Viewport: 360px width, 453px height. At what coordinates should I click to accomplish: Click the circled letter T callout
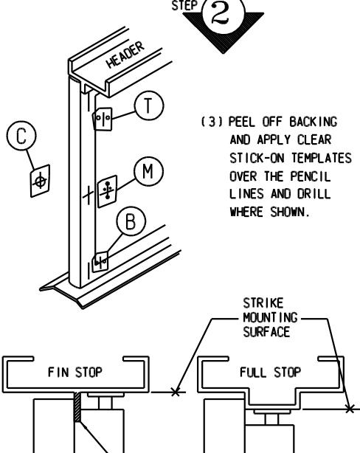click(149, 106)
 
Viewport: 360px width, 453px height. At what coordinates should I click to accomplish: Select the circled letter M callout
click(148, 171)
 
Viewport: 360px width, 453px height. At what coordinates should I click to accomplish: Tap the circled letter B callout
click(131, 221)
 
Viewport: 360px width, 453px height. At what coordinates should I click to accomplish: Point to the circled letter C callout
click(21, 136)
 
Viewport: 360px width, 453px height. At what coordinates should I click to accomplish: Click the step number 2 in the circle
click(222, 13)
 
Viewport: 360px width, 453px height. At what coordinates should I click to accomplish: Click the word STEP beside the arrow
click(185, 5)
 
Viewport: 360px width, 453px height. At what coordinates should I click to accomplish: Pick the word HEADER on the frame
click(125, 55)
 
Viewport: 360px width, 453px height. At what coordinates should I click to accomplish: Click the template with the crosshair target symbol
click(40, 181)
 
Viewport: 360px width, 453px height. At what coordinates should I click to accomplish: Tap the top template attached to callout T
click(103, 119)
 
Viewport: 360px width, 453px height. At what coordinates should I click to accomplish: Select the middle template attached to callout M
click(107, 191)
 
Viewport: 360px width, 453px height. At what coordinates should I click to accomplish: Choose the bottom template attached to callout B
click(100, 262)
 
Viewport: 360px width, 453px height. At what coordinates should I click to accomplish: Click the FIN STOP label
click(75, 372)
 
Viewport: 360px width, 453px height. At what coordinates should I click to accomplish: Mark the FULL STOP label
click(270, 372)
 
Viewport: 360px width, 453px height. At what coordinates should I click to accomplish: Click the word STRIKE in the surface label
click(263, 303)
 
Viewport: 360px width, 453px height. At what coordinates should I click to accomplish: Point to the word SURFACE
click(266, 331)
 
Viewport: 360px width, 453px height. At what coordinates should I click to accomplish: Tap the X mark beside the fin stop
click(175, 392)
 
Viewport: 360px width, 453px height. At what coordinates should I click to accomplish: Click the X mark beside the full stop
click(350, 409)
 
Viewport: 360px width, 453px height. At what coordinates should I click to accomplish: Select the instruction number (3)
click(212, 122)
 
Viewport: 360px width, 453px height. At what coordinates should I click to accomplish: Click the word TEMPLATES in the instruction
click(322, 158)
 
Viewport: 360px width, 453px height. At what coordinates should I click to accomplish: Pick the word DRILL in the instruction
click(314, 193)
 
